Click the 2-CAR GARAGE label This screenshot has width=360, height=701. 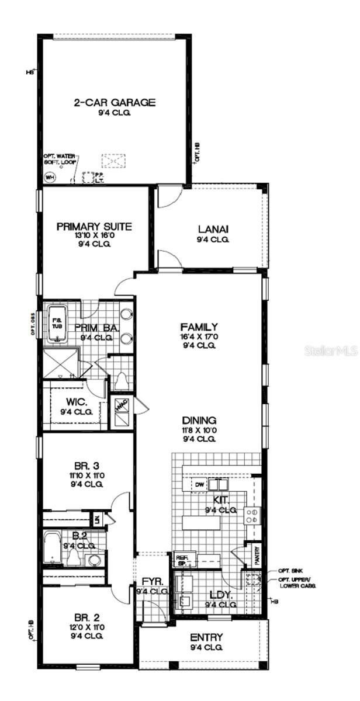coord(114,103)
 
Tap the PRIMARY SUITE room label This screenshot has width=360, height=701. coord(94,227)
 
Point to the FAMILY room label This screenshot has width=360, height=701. coord(199,327)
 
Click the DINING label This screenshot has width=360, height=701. coord(199,420)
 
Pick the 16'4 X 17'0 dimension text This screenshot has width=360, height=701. coord(199,336)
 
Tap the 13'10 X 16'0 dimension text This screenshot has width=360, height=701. coord(94,235)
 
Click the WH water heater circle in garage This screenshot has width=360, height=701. coord(50,178)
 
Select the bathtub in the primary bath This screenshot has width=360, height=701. coord(57,323)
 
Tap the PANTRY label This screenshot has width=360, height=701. coord(257,556)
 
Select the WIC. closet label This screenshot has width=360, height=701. coord(77,402)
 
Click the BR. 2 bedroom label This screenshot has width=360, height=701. coord(84,617)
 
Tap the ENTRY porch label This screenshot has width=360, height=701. coord(206,637)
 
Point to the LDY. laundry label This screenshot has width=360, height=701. coord(220,596)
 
